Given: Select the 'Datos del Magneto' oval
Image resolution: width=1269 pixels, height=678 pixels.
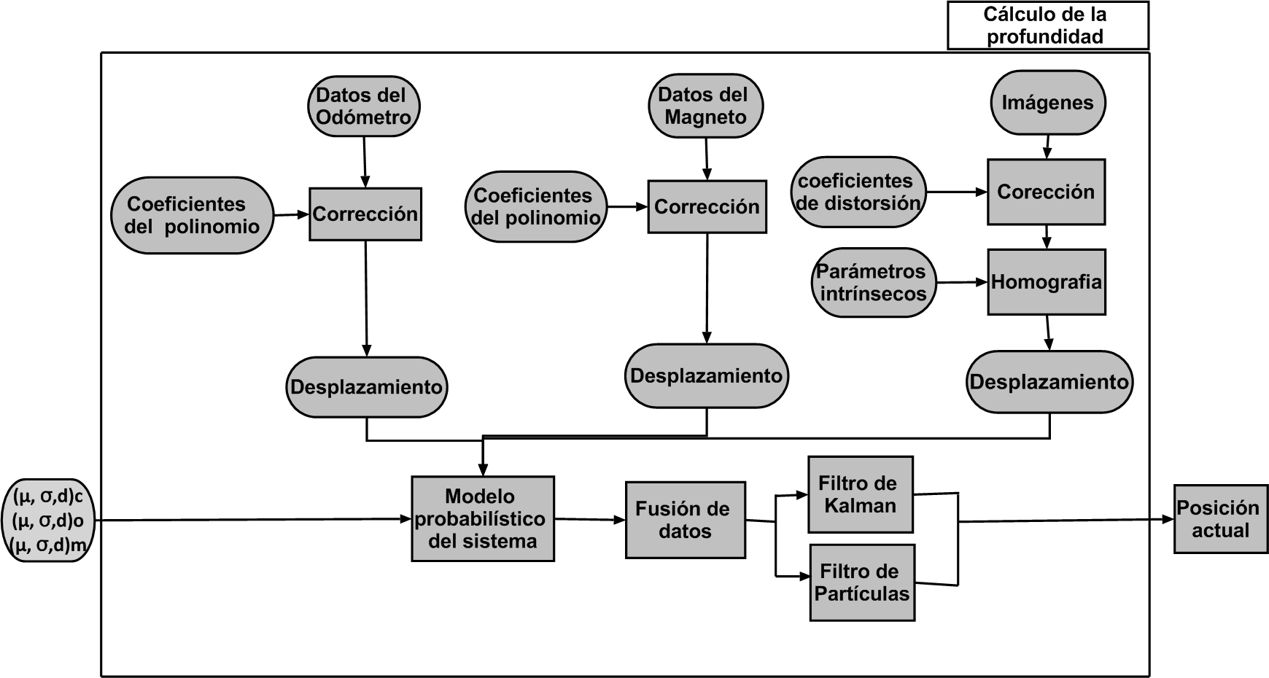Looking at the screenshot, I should coord(705,106).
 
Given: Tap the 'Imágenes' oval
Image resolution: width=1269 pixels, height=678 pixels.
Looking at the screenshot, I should coord(1047,103).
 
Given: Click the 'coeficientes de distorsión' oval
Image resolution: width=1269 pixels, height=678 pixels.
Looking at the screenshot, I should coord(858,192).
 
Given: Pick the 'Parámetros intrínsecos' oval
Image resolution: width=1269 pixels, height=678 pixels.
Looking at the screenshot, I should coord(873,282).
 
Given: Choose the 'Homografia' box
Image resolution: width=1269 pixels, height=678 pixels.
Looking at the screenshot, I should coord(1047,282).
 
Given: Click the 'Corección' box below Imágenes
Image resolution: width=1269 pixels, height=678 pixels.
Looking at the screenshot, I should coord(1047,192).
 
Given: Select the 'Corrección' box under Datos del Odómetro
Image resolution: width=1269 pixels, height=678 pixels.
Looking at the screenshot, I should coord(365,214).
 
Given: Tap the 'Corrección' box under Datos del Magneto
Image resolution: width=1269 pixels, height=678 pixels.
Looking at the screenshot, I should coord(707,207).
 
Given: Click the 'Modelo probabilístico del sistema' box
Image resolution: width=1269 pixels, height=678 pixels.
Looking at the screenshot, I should coord(482,518).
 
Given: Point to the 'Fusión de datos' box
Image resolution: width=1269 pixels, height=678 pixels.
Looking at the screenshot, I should coord(685,520).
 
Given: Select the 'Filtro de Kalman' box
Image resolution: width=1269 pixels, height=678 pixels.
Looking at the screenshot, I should coord(861,494).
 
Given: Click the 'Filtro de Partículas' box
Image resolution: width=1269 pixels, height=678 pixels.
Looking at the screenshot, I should coord(862,582).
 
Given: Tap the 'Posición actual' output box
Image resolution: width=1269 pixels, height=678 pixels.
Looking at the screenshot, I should coord(1220,519).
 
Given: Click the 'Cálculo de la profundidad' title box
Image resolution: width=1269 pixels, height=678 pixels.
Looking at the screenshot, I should coord(1047,26).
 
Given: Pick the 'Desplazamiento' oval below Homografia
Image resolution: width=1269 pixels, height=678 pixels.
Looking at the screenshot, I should coord(1049,382).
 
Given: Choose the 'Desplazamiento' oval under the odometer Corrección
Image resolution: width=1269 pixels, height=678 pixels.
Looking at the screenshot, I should coord(366,387).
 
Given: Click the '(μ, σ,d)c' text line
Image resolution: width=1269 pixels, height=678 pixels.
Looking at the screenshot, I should coord(48,497).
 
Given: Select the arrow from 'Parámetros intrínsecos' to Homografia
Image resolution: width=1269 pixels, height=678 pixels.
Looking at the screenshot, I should coord(961,282).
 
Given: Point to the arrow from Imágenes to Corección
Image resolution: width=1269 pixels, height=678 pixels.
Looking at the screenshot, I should coord(1047,146).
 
